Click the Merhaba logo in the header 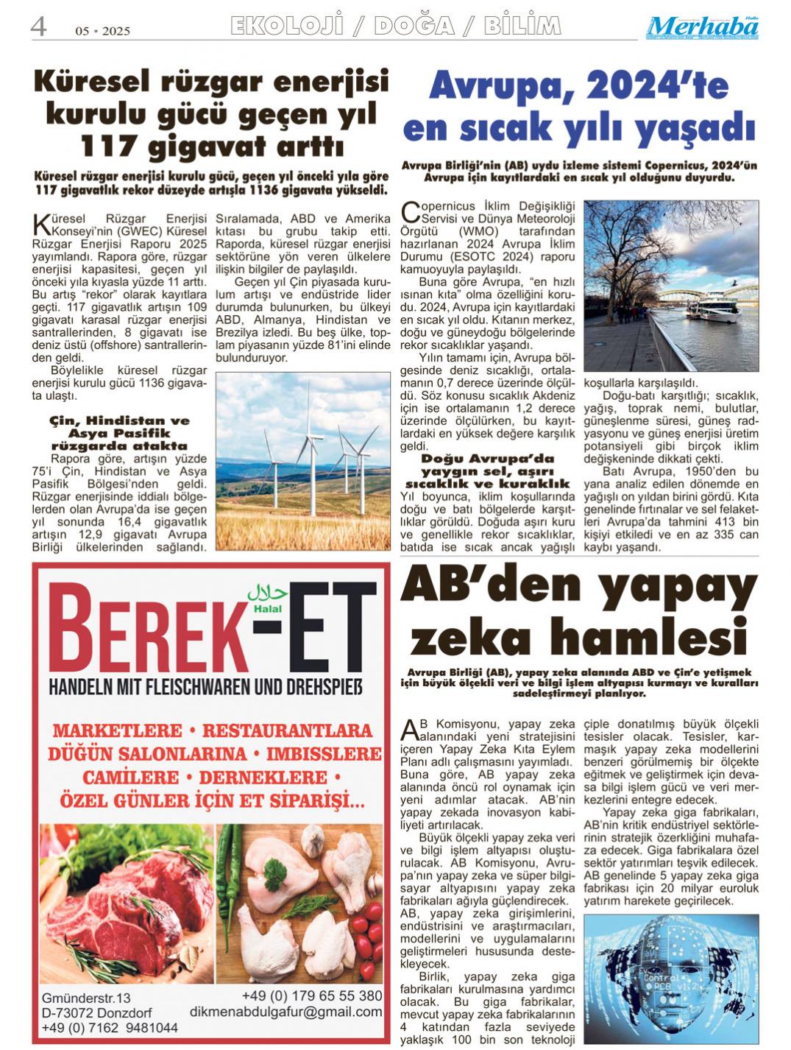pyautogui.click(x=703, y=28)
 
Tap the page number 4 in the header pyautogui.click(x=38, y=27)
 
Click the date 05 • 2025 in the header pyautogui.click(x=102, y=31)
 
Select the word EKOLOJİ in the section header pyautogui.click(x=286, y=27)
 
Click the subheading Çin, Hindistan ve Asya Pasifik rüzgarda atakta pyautogui.click(x=119, y=433)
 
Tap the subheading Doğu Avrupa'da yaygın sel pyautogui.click(x=488, y=471)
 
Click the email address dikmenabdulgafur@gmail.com pyautogui.click(x=285, y=1012)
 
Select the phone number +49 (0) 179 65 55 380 pyautogui.click(x=312, y=996)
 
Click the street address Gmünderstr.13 pyautogui.click(x=86, y=998)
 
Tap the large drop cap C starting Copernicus pyautogui.click(x=411, y=213)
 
